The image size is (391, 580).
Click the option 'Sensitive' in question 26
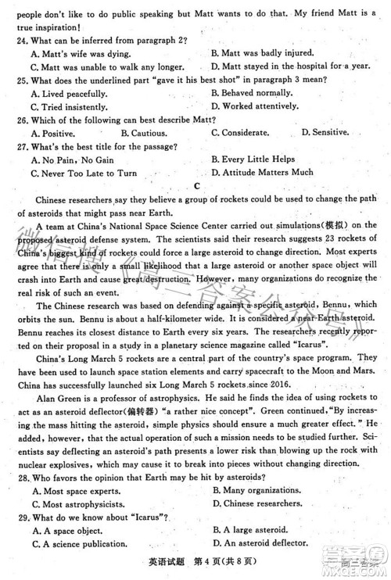[328, 133]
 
